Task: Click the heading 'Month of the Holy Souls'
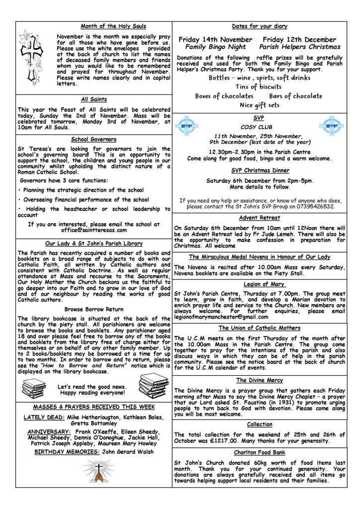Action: click(x=114, y=26)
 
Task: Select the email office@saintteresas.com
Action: click(x=94, y=230)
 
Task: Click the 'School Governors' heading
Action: click(x=94, y=140)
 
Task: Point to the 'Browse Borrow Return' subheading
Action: click(x=93, y=309)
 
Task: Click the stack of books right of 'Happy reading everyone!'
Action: click(x=153, y=385)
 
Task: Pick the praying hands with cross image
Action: click(x=94, y=470)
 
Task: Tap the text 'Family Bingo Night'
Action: click(x=212, y=47)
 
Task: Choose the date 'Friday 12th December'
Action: click(x=300, y=39)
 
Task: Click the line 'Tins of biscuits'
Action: click(x=259, y=87)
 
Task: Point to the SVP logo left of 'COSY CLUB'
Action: click(x=186, y=126)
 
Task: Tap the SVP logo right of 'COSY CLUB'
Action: click(x=332, y=126)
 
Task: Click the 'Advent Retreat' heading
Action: click(x=259, y=218)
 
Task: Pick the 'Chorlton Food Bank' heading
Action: click(x=259, y=453)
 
